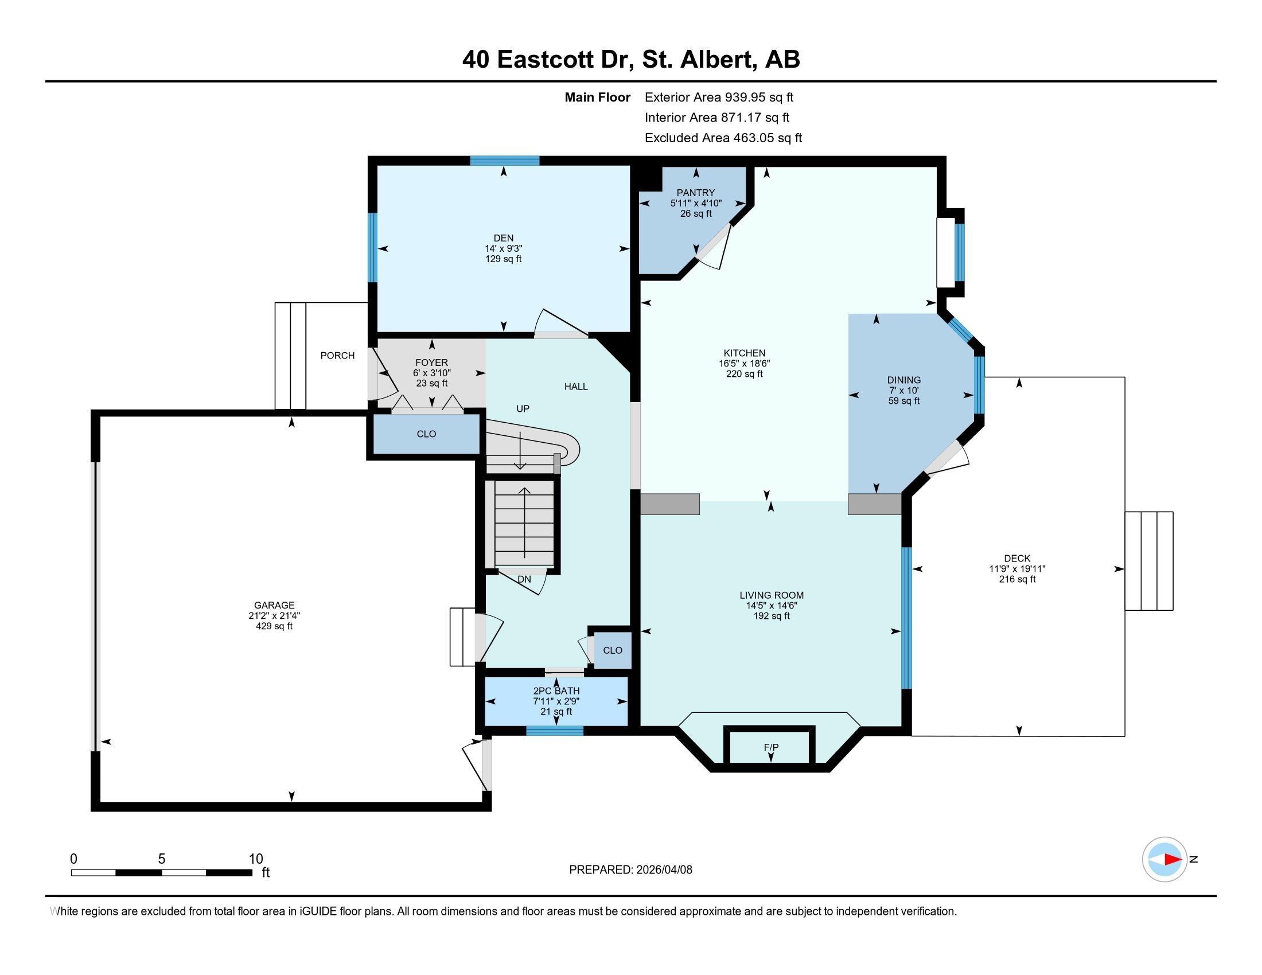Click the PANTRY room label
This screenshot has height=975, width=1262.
point(696,192)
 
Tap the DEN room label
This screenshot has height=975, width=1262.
point(503,238)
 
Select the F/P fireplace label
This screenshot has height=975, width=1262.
point(771,747)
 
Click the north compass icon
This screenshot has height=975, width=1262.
point(1164,859)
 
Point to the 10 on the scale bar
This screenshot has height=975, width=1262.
point(255,859)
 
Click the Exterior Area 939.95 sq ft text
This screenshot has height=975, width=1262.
point(719,97)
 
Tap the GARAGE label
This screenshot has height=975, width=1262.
point(274,605)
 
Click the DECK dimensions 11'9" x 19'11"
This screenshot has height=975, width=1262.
point(1017,568)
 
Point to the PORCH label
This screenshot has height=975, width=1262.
point(337,355)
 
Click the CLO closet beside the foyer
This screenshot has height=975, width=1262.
point(426,434)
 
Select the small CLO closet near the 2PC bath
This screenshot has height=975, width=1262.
point(613,650)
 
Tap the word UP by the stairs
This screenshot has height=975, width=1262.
point(523,408)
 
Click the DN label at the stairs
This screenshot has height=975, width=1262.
point(524,579)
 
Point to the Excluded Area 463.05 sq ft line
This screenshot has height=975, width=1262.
point(723,138)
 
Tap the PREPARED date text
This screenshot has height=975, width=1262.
point(630,869)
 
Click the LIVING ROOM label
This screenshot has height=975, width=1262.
point(772,595)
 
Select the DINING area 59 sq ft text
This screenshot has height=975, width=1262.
point(903,400)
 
